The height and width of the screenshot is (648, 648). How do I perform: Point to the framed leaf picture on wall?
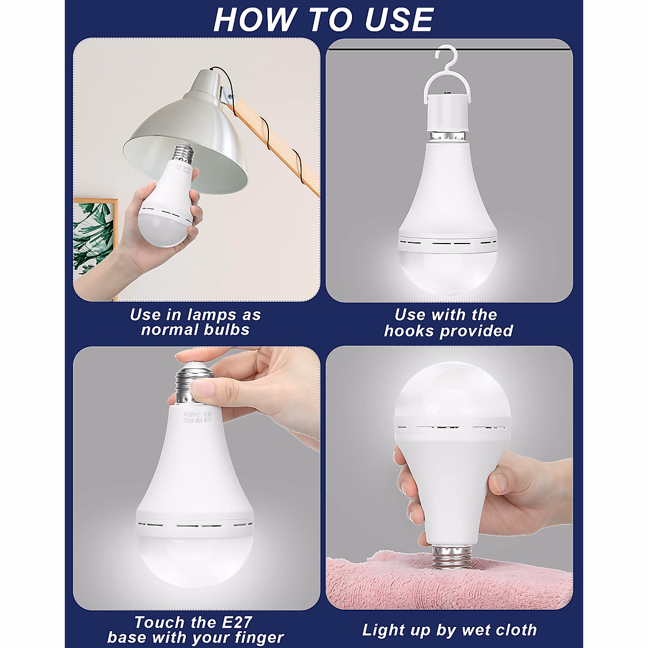coord(94,238)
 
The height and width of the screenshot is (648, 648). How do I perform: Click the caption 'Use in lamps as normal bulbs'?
coord(195,322)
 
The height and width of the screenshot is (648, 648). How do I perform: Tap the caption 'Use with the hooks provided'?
coord(448,322)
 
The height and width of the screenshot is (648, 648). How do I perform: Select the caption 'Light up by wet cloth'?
coord(449,630)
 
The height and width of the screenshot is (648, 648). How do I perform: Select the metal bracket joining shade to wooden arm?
coord(227,97)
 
